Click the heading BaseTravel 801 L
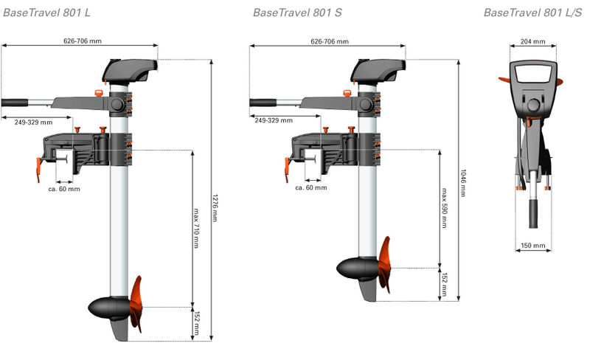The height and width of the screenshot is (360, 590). click(46, 13)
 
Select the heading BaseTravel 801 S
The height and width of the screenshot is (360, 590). click(297, 13)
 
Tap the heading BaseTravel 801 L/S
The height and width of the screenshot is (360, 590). click(532, 13)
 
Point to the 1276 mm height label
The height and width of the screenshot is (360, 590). click(215, 208)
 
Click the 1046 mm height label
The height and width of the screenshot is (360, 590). click(463, 183)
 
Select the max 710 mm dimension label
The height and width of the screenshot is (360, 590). click(196, 228)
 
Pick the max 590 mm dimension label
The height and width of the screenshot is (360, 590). click(444, 208)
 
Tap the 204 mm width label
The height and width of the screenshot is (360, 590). click(532, 41)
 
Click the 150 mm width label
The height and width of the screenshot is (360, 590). click(532, 246)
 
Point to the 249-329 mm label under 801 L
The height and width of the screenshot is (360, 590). click(33, 122)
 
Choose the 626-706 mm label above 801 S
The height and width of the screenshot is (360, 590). click(330, 41)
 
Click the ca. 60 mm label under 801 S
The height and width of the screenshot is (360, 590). click(311, 187)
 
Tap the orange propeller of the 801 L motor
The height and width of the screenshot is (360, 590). click(136, 304)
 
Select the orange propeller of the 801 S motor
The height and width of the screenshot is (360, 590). click(384, 265)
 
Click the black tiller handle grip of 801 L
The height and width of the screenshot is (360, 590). click(15, 103)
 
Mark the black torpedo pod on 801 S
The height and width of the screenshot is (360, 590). click(358, 269)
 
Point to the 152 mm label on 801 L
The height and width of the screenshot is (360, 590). click(196, 324)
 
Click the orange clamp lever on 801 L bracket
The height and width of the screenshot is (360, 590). click(38, 170)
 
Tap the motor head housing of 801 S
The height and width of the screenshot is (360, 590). click(378, 71)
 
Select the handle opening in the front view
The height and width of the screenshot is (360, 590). click(533, 74)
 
